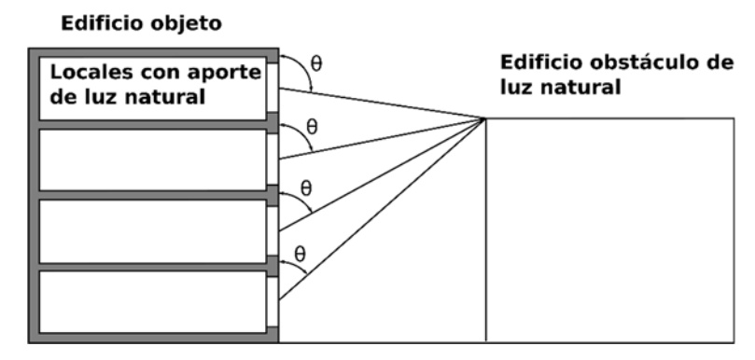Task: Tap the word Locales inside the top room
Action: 87,71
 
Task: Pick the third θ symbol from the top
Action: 306,190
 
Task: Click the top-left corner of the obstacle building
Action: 485,118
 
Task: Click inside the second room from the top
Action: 149,159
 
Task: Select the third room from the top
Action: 149,229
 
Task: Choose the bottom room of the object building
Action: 149,299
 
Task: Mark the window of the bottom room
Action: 273,300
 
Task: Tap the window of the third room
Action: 273,229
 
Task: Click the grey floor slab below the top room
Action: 149,124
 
